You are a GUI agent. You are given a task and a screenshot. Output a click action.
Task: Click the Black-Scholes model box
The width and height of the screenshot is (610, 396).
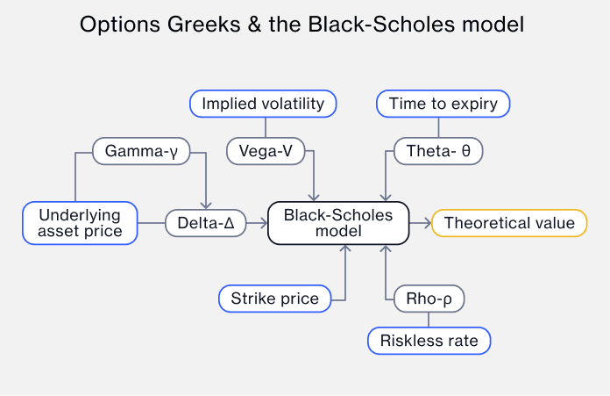coord(337,223)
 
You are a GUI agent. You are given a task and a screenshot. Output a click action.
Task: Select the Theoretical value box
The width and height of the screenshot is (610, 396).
coord(509,223)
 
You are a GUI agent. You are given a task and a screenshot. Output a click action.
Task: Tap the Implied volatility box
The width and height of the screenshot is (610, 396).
coord(263,104)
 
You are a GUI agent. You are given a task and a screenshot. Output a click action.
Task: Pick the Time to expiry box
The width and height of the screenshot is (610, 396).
coord(443,104)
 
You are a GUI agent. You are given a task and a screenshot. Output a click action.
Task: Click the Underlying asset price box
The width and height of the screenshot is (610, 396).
coord(80,223)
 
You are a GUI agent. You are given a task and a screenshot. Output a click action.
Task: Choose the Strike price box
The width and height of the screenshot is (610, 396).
coord(274,299)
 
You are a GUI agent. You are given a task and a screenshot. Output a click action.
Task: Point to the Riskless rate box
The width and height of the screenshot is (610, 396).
coord(429,340)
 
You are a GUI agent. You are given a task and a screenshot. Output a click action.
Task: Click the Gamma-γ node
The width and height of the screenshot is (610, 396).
coord(141,151)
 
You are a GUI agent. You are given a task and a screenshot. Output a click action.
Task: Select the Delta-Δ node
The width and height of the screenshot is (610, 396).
coord(206,223)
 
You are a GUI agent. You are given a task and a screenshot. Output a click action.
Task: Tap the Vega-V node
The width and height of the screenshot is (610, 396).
coord(266,151)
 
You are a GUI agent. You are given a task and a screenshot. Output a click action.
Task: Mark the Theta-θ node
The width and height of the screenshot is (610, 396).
coord(438,151)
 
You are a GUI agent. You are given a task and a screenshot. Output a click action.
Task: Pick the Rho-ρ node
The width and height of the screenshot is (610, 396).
coord(429,299)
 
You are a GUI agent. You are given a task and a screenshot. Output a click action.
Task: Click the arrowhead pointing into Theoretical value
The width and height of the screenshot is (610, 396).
coord(427,223)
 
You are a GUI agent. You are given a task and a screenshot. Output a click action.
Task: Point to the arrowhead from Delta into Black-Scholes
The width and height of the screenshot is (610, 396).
coord(262,223)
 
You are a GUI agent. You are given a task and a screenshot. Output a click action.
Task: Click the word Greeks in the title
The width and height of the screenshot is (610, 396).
coord(189,24)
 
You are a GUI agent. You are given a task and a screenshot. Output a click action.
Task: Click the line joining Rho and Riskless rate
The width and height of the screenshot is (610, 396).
coord(429,320)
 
